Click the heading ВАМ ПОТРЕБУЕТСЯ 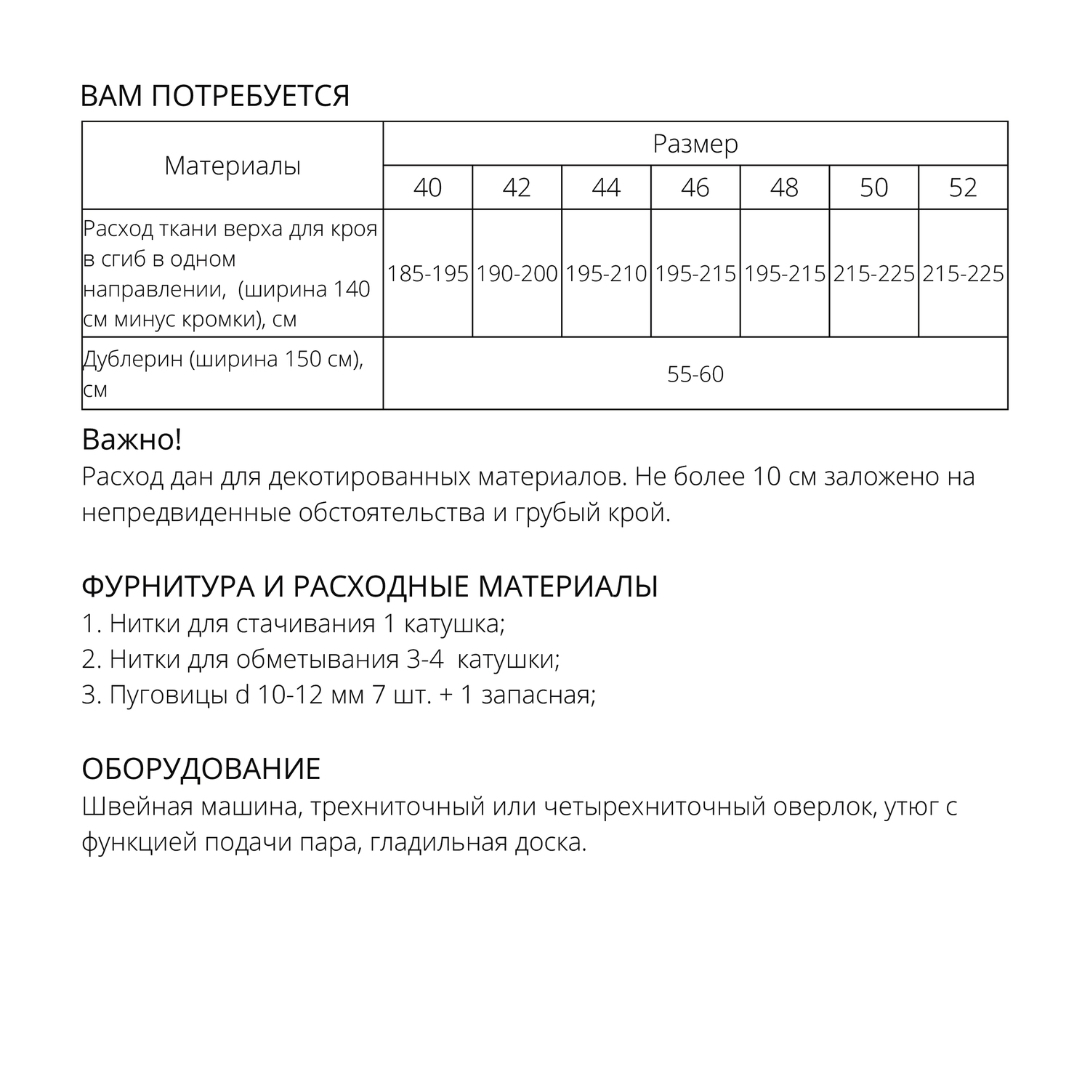point(215,96)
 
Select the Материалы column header point(233,166)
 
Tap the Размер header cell point(695,144)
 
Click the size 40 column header point(427,187)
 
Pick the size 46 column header point(695,187)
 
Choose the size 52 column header point(963,187)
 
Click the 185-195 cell point(427,274)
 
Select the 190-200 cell point(517,274)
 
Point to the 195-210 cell point(606,274)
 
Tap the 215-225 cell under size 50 point(873,274)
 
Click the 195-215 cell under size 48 point(785,274)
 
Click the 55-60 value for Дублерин point(695,374)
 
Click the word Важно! point(132,440)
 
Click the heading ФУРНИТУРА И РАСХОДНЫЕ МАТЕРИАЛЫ point(369,586)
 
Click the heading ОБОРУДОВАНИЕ point(201,769)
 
